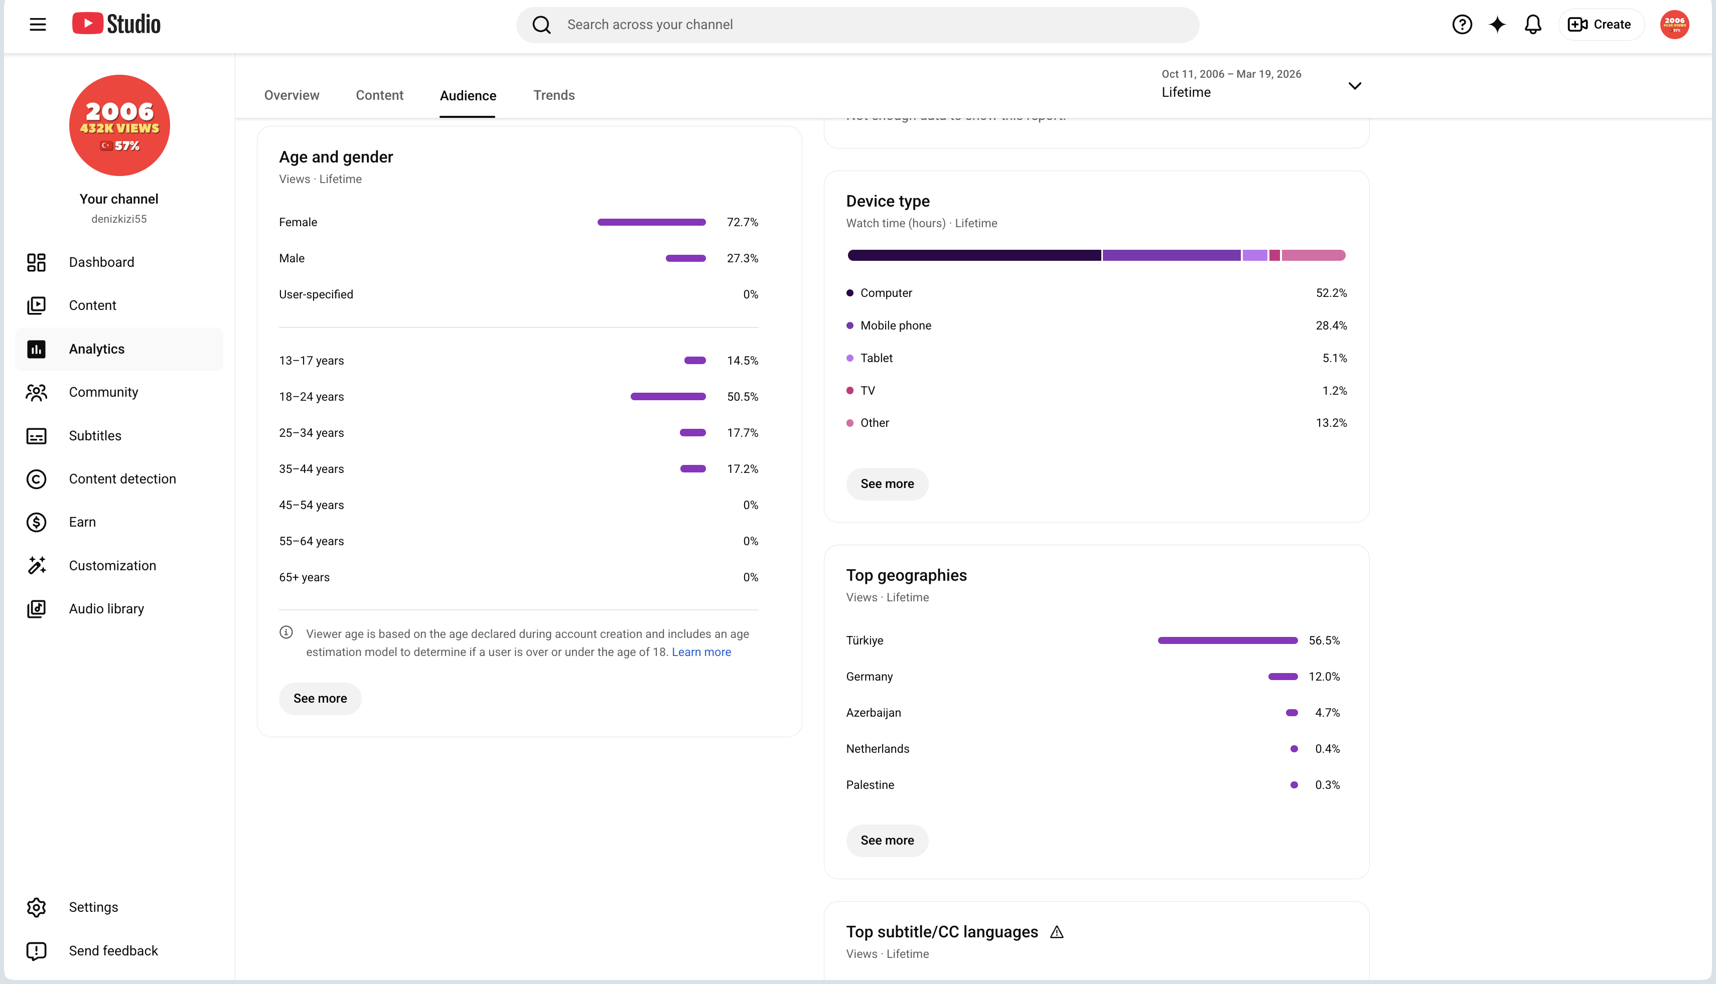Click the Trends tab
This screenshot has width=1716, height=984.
tap(554, 95)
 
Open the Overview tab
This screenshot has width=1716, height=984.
tap(292, 95)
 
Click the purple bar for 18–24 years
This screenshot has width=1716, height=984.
tap(668, 397)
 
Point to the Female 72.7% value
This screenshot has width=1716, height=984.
tap(743, 222)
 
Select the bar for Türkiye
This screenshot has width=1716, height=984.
tap(1227, 640)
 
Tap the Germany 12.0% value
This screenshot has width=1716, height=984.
tap(1324, 677)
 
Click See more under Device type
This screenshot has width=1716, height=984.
tap(887, 484)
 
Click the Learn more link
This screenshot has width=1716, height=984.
tap(701, 652)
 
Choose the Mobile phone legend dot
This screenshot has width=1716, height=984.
tap(850, 326)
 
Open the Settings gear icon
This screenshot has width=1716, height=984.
tap(37, 907)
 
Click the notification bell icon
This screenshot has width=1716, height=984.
tap(1533, 25)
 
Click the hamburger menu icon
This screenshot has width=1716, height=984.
tap(38, 25)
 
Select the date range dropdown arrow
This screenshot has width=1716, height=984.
tap(1355, 86)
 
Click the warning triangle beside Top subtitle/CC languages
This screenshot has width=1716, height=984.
tap(1057, 933)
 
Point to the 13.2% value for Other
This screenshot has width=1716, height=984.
tap(1331, 423)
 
